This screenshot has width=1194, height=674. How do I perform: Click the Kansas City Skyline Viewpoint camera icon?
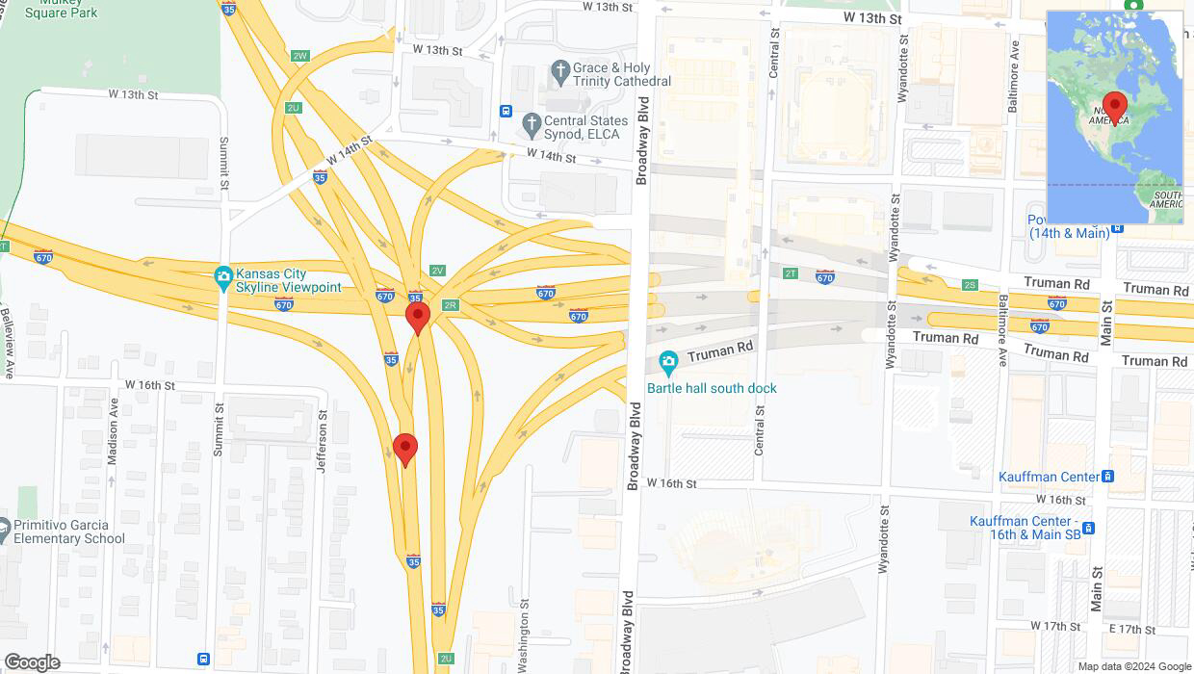click(223, 274)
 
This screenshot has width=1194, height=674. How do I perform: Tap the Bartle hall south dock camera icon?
click(668, 363)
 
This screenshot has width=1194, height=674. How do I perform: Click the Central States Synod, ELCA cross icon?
click(531, 124)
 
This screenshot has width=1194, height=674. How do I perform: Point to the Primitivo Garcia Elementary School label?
click(69, 531)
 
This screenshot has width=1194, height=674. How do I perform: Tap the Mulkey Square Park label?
click(60, 9)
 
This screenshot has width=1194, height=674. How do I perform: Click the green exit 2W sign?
click(300, 56)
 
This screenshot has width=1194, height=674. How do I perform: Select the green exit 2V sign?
click(438, 271)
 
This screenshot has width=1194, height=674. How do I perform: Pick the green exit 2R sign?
click(450, 305)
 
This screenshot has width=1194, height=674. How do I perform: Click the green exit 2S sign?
click(970, 285)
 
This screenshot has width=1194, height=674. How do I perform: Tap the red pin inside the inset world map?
click(1115, 106)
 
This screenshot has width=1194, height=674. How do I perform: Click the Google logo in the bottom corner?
click(32, 662)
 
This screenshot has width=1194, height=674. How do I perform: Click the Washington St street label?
click(524, 637)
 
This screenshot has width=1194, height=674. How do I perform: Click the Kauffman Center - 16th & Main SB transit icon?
click(1088, 528)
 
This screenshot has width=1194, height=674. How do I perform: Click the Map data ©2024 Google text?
click(1134, 666)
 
